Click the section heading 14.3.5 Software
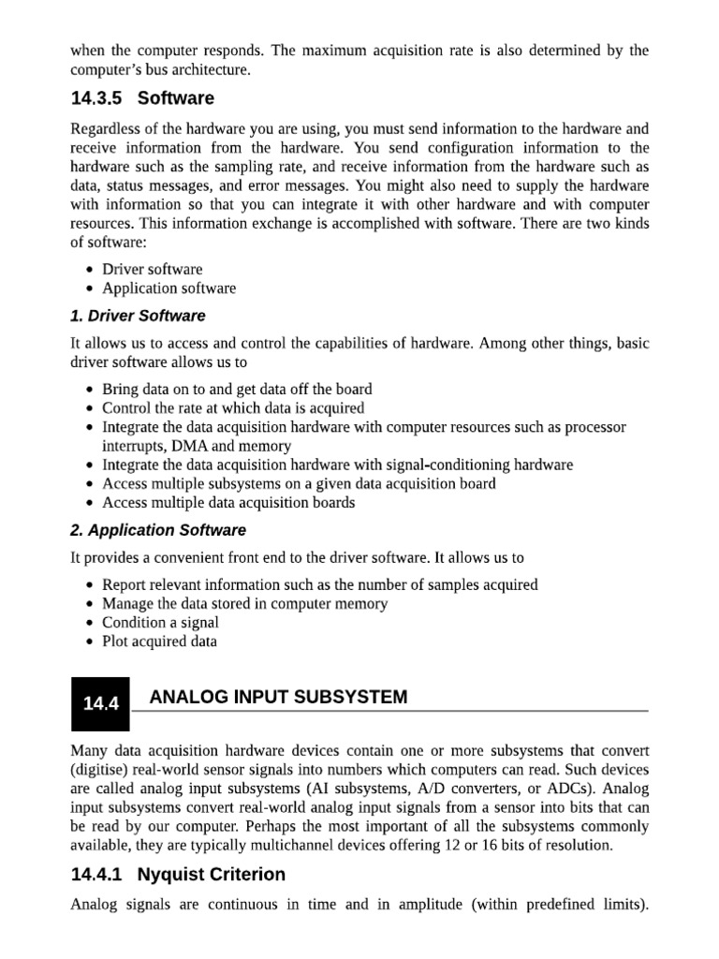(x=142, y=98)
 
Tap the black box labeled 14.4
(x=101, y=704)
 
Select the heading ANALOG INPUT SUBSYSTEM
(x=278, y=697)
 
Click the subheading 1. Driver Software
(x=138, y=316)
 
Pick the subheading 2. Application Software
(x=158, y=530)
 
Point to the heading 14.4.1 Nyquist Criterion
(x=178, y=875)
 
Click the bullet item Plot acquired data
(x=159, y=642)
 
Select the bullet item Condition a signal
(x=160, y=623)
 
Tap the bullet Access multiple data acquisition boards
(x=228, y=503)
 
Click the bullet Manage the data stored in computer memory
(x=244, y=604)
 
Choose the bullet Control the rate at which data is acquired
(x=233, y=408)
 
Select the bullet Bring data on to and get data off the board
(x=237, y=390)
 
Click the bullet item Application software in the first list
(x=169, y=288)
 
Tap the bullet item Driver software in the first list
(x=152, y=270)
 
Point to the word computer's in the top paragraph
(x=105, y=69)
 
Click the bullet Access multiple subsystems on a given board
(x=299, y=484)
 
